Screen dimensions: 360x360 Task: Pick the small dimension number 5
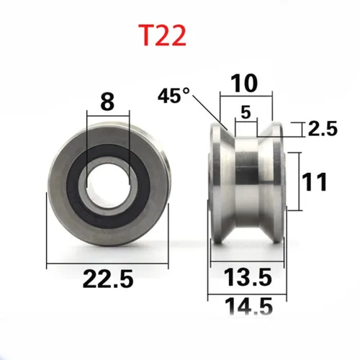246,112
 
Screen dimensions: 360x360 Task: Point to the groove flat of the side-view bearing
245,180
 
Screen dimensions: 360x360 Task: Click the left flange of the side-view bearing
217,180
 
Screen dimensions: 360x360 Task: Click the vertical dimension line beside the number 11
300,180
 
